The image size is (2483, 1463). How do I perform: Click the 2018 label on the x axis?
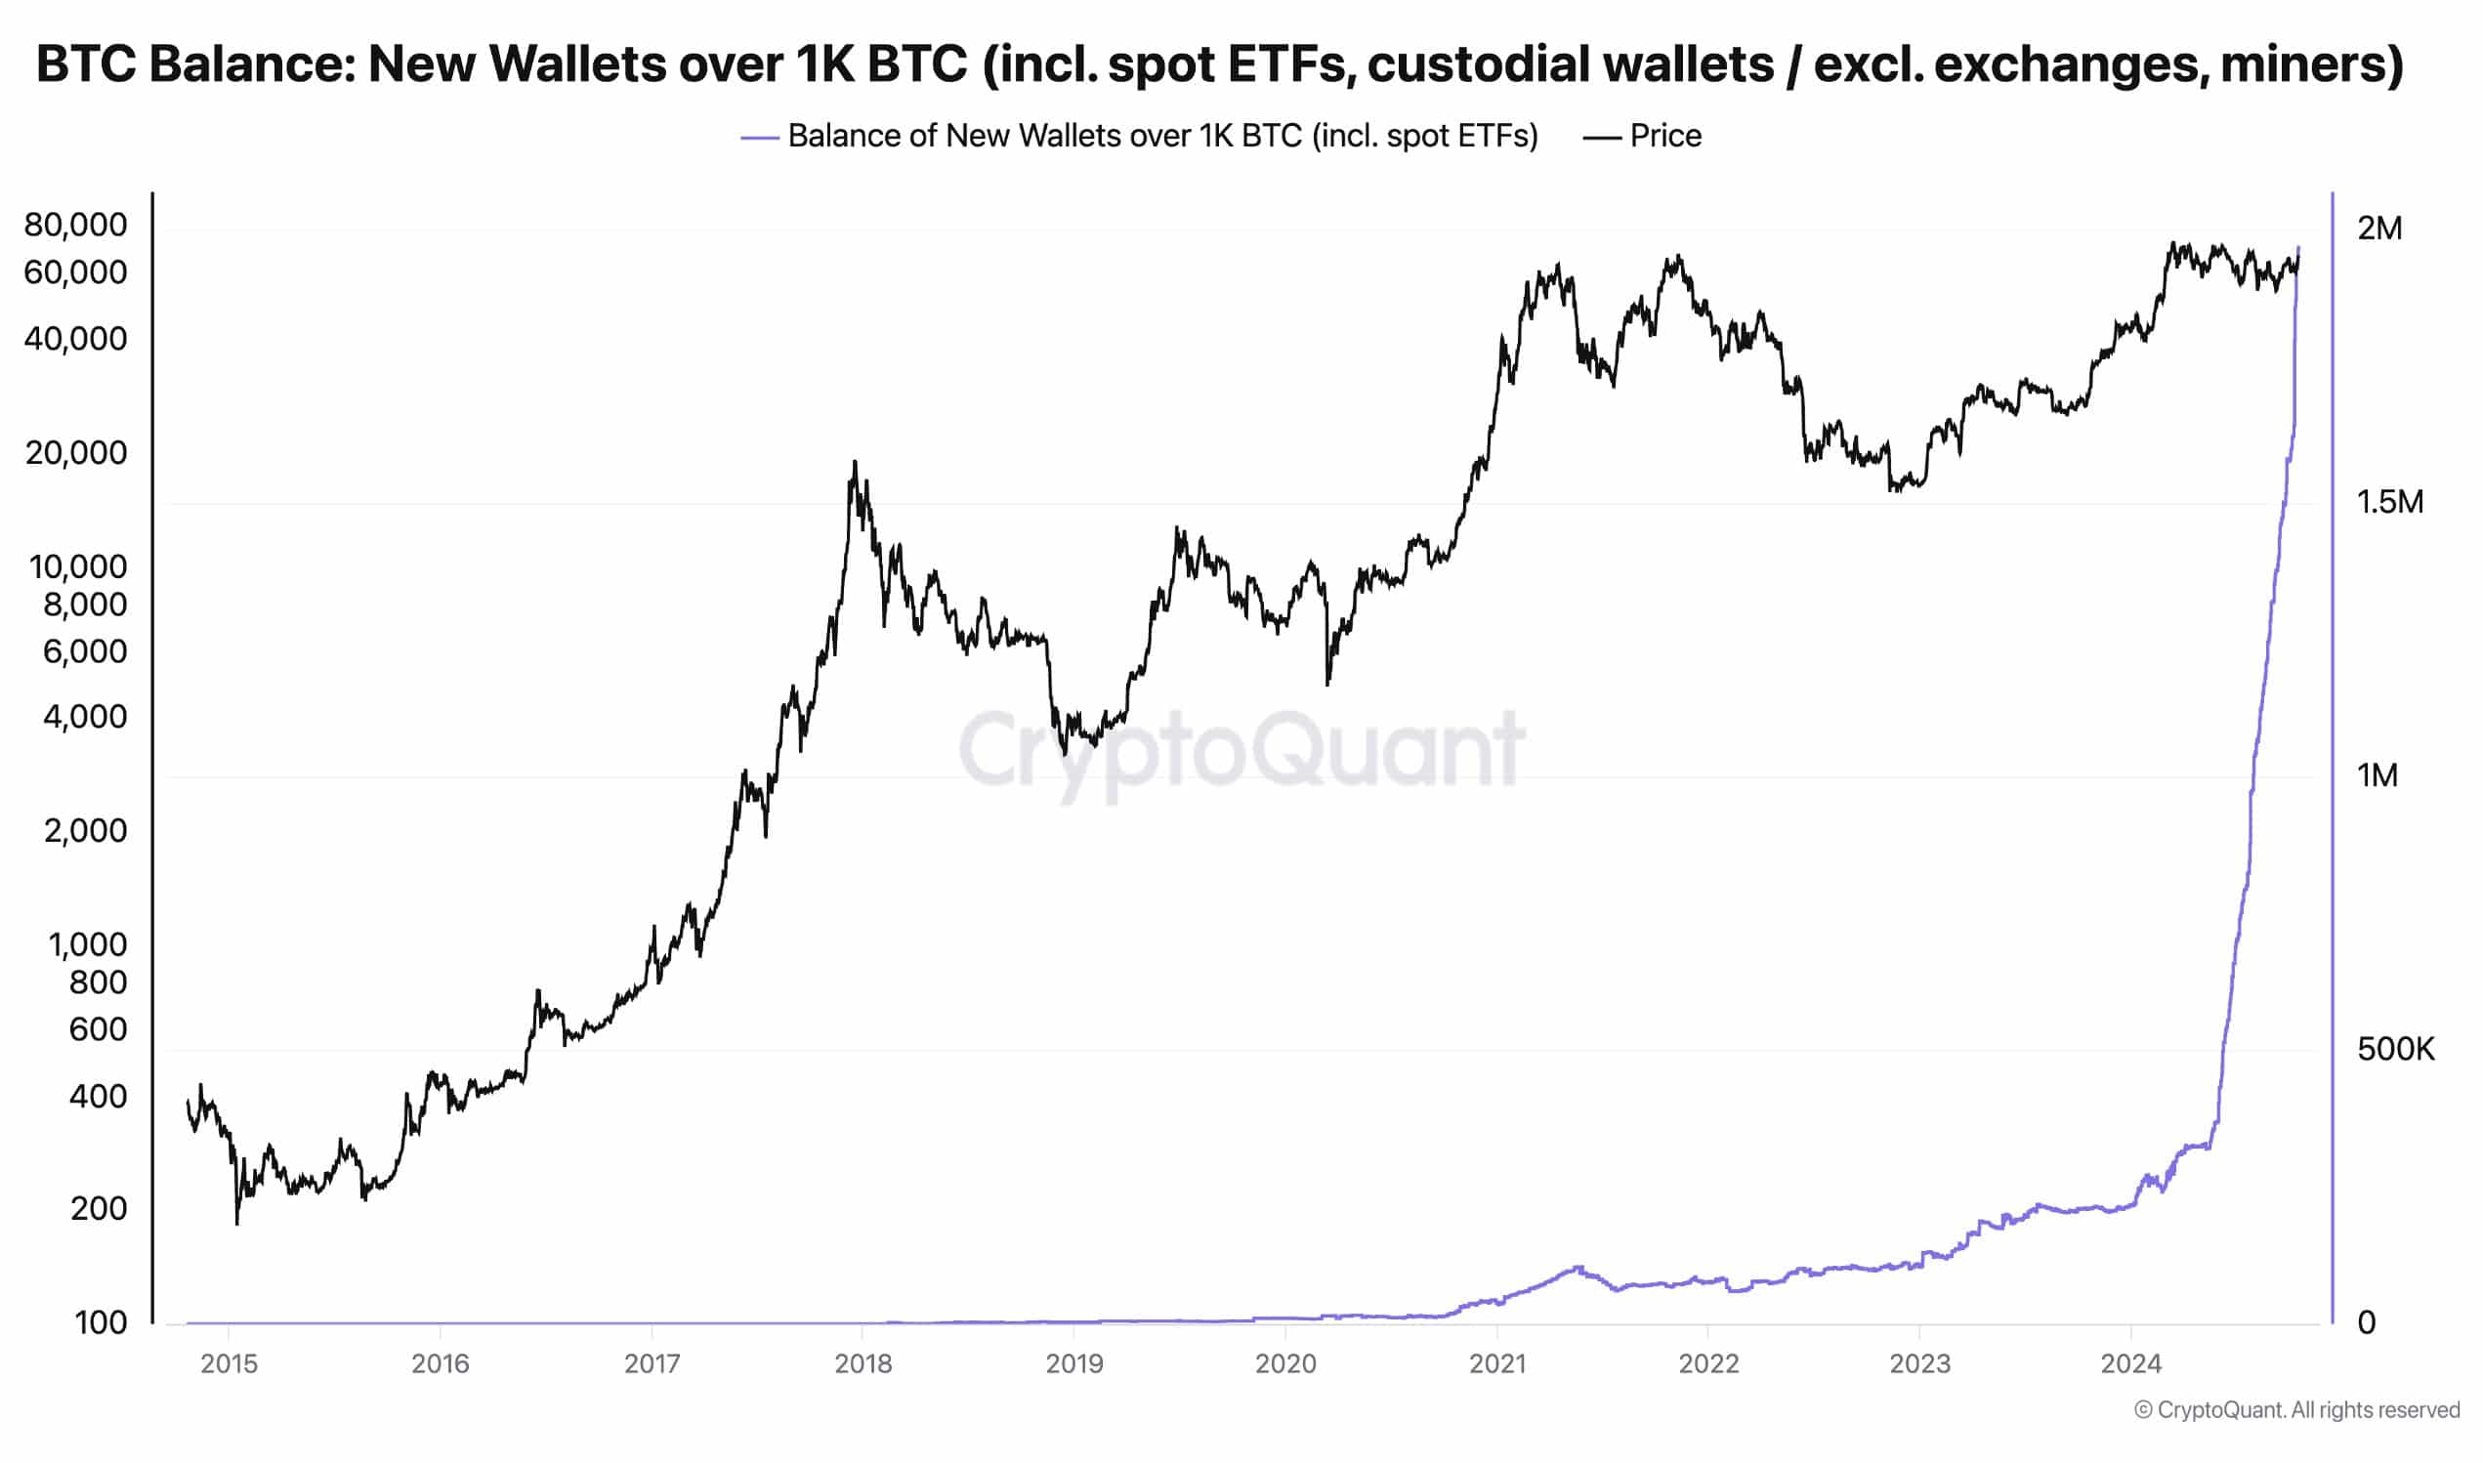(x=863, y=1363)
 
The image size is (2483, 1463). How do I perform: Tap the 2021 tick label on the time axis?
(x=1496, y=1363)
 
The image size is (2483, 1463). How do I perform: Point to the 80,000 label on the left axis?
(x=76, y=225)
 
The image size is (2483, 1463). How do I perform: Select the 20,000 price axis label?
(x=76, y=452)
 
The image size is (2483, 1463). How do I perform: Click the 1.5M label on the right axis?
(x=2389, y=502)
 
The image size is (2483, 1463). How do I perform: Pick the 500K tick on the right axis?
(x=2394, y=1049)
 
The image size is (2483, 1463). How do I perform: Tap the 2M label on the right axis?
(x=2378, y=229)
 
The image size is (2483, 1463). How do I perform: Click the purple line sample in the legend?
(x=760, y=138)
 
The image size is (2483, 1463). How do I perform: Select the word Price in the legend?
(x=1664, y=136)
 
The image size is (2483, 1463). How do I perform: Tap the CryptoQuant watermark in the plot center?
(x=1242, y=750)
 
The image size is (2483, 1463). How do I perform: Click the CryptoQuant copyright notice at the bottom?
(x=2296, y=1409)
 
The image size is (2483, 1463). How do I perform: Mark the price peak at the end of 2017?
(x=855, y=461)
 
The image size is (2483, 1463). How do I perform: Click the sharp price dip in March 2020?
(x=1327, y=684)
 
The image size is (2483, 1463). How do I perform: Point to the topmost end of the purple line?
(x=2298, y=247)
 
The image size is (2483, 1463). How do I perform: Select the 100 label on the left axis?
(x=101, y=1323)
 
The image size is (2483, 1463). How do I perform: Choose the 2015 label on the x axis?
(x=229, y=1363)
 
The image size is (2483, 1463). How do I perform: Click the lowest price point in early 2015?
(x=237, y=1224)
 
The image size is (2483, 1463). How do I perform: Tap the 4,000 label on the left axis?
(x=85, y=717)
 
